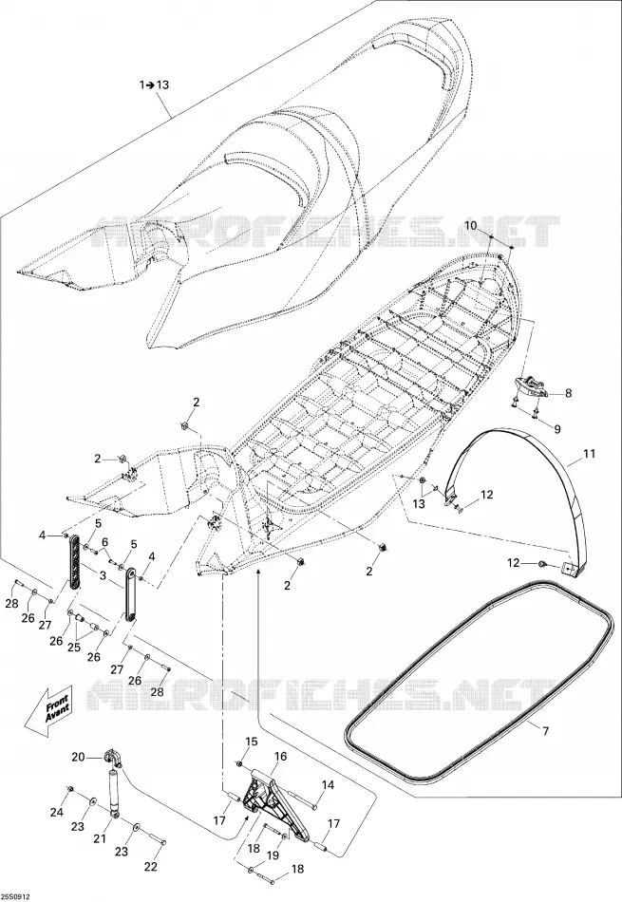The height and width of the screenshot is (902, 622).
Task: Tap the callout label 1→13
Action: pos(154,85)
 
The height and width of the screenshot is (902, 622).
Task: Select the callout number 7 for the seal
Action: pos(545,731)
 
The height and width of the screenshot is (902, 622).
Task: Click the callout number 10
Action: pos(471,226)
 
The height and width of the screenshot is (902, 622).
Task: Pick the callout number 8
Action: pos(569,393)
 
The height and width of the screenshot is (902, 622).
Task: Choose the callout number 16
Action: pos(280,756)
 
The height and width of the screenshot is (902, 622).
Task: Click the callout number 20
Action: pos(78,757)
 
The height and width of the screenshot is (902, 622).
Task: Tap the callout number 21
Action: pos(100,838)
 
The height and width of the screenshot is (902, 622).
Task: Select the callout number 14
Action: pos(328,784)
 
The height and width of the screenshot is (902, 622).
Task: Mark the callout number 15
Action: pos(252,741)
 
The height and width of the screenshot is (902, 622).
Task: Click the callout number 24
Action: pos(56,812)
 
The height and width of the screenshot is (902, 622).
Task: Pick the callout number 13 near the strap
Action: pos(419,504)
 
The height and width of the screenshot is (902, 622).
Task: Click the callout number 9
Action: pos(557,428)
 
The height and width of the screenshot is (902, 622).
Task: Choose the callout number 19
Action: pos(273,855)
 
